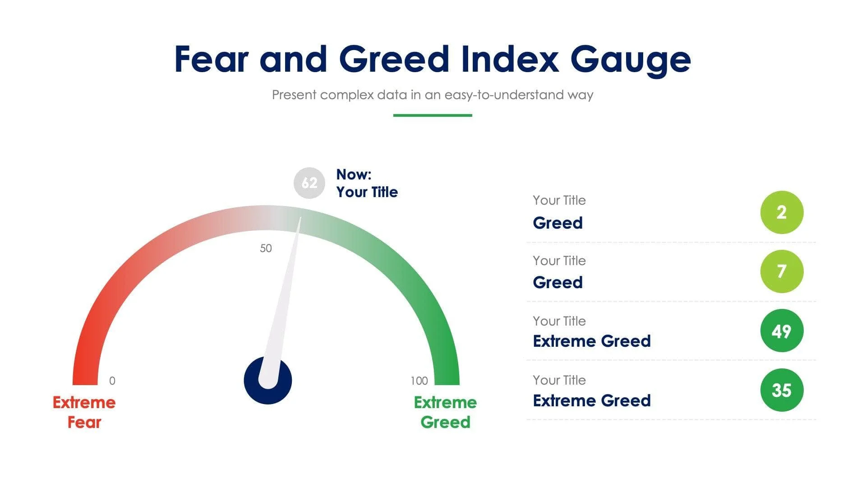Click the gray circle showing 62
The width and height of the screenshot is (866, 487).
point(309,183)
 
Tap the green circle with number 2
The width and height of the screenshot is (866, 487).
point(782,212)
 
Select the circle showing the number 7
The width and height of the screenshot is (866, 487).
point(782,271)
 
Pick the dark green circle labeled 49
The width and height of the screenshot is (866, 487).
point(782,331)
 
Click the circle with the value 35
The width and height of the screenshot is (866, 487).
point(782,390)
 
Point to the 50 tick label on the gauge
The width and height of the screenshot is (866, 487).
point(266,248)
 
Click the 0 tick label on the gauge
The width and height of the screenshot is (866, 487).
point(112,381)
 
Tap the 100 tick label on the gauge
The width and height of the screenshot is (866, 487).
point(419,381)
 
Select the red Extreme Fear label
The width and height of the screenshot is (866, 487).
point(84,412)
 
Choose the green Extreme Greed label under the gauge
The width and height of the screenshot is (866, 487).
point(445,412)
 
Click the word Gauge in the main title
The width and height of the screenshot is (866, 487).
point(630,60)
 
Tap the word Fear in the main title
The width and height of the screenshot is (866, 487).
point(211,59)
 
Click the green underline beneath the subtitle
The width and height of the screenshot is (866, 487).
point(433,115)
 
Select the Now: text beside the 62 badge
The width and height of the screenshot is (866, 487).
point(354,175)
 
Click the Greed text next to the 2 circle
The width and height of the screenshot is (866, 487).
point(557,223)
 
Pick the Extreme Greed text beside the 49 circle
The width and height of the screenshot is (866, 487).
point(591,341)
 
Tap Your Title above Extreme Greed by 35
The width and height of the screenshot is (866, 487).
point(559,380)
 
